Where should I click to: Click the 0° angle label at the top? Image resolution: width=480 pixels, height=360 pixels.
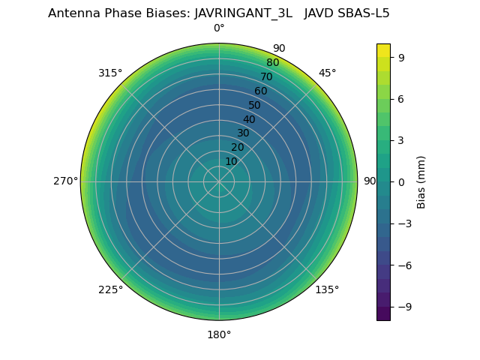click(219, 28)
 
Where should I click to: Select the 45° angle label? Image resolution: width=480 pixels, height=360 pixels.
click(327, 73)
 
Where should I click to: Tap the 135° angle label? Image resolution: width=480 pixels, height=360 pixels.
click(327, 289)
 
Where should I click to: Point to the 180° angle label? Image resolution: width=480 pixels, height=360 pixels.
click(219, 334)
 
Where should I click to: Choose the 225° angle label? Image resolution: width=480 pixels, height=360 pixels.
click(110, 289)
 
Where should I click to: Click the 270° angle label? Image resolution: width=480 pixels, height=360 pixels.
click(65, 181)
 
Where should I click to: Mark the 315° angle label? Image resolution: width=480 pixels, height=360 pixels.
click(110, 73)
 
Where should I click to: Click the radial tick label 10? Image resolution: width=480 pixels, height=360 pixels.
click(231, 161)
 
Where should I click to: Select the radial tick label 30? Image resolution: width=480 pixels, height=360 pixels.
click(243, 133)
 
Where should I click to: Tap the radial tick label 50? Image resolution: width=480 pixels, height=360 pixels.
click(255, 105)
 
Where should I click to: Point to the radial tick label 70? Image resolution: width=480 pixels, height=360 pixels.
click(266, 76)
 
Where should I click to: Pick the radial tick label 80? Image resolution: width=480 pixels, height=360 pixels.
click(272, 63)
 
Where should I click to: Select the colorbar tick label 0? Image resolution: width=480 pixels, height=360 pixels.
click(401, 181)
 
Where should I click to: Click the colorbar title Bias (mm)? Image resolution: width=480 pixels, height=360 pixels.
click(421, 181)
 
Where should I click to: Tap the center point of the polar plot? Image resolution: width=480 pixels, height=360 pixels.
click(219, 181)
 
